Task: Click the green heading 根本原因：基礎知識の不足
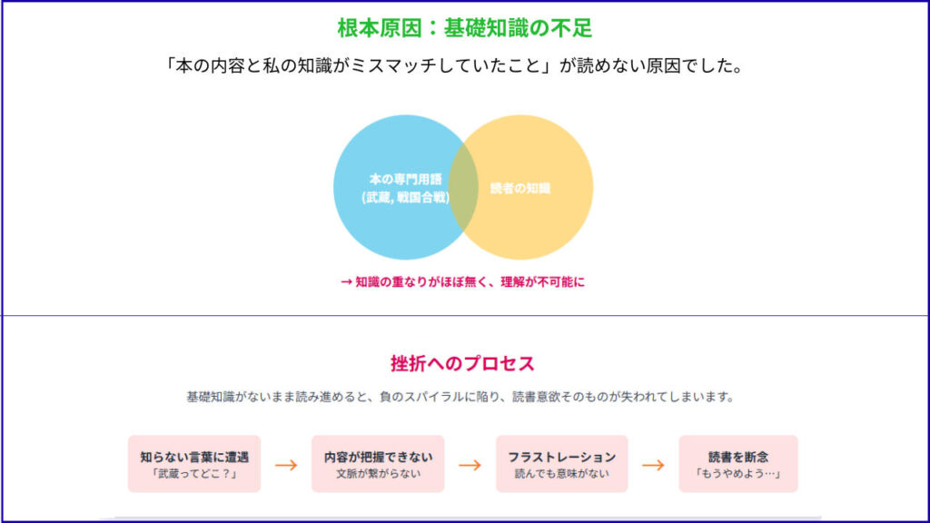coord(464,28)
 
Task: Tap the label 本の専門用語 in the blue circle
coord(406,179)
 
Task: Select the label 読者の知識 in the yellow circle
coord(520,189)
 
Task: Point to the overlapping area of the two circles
coord(463,187)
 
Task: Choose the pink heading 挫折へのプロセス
coord(462,363)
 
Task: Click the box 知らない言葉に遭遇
coord(194,464)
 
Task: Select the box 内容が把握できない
coord(378,464)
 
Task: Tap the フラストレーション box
coord(561,464)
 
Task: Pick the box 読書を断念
coord(738,464)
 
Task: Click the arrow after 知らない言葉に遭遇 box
coord(286,466)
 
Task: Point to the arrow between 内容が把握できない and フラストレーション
coord(470,466)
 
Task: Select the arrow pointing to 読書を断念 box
coord(653,466)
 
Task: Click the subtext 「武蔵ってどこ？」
coord(194,474)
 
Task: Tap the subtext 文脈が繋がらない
coord(379,474)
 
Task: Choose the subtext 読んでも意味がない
coord(561,474)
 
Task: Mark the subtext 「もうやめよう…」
coord(738,474)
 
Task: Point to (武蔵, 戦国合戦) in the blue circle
coord(406,197)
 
